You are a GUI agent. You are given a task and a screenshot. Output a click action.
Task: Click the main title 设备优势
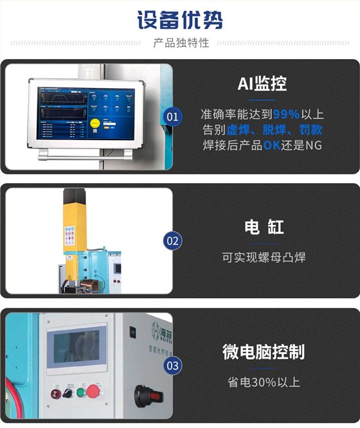(x=180, y=19)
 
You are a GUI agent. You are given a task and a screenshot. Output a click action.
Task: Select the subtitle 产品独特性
(x=181, y=44)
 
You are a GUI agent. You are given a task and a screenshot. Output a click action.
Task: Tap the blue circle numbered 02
(x=173, y=242)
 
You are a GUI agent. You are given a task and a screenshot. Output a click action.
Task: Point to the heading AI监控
(x=262, y=84)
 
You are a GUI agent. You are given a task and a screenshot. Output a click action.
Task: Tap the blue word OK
(x=271, y=145)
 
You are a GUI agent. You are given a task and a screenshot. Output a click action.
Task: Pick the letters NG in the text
(x=314, y=145)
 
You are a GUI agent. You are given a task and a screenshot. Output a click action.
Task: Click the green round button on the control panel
(x=81, y=392)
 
